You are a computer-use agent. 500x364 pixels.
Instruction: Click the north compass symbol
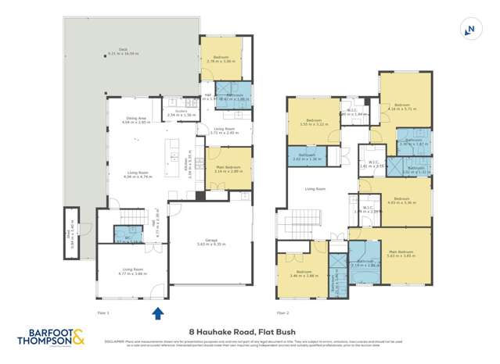[x=469, y=29]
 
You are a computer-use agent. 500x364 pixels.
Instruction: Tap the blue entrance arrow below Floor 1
[x=156, y=313]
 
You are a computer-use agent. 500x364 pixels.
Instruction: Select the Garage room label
[x=209, y=242]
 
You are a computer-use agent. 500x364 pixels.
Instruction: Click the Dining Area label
[x=135, y=121]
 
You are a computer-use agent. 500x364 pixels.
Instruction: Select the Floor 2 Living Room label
[x=315, y=189]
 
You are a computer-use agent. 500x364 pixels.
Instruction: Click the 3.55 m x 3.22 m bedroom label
[x=314, y=123]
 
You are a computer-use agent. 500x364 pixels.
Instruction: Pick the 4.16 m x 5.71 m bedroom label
[x=402, y=107]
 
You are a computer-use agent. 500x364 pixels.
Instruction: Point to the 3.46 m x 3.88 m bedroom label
[x=302, y=274]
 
